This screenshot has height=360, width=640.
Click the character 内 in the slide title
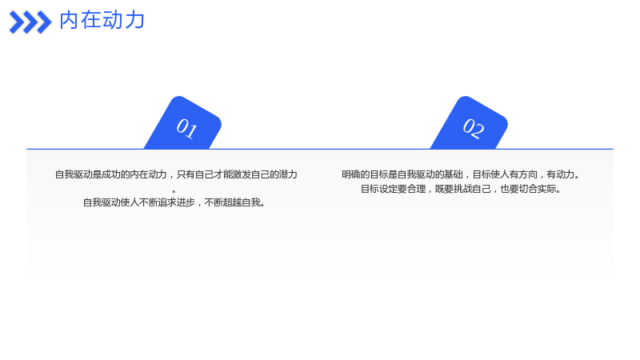(x=69, y=20)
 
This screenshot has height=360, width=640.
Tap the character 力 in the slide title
(x=134, y=20)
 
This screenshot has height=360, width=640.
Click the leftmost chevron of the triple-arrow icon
(x=17, y=22)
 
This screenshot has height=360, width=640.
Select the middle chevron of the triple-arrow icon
(x=30, y=22)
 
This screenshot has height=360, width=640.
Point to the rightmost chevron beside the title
(x=44, y=22)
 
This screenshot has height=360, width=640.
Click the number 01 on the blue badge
(x=187, y=128)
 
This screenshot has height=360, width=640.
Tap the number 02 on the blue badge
(x=474, y=128)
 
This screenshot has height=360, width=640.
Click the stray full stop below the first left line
(x=174, y=191)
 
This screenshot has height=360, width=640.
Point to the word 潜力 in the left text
(x=288, y=174)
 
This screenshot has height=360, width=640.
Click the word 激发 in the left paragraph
(x=232, y=174)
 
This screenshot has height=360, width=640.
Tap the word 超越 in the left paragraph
(x=232, y=202)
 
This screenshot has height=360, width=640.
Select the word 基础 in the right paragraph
(x=454, y=174)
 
